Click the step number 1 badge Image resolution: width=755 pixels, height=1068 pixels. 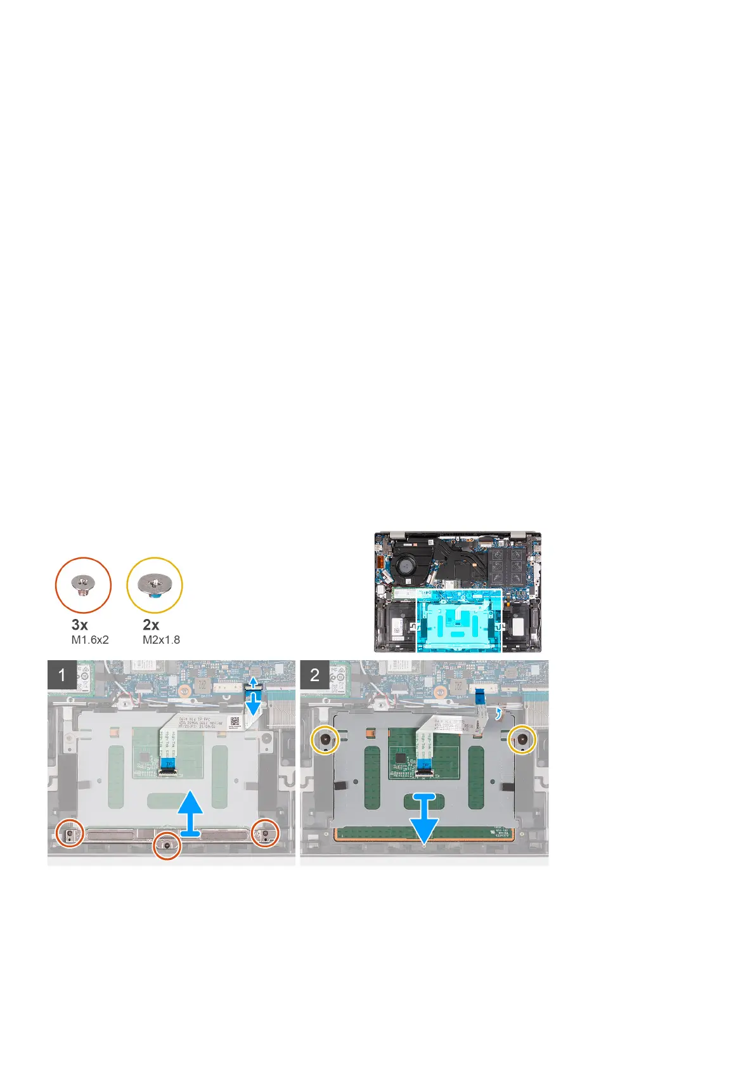(x=62, y=674)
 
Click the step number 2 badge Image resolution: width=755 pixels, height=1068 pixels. (x=314, y=674)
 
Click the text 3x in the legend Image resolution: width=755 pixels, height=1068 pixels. (x=80, y=625)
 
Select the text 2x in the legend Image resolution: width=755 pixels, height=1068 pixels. (x=151, y=625)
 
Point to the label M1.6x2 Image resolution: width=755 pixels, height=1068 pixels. (x=90, y=640)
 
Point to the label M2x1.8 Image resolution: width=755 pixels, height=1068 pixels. (x=161, y=640)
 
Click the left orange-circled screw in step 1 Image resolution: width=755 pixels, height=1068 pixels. (x=69, y=833)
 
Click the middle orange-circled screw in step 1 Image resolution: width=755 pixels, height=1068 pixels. (x=167, y=845)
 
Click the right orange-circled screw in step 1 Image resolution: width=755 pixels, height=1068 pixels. (x=266, y=833)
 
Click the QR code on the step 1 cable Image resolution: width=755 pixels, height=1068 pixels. (x=235, y=721)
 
